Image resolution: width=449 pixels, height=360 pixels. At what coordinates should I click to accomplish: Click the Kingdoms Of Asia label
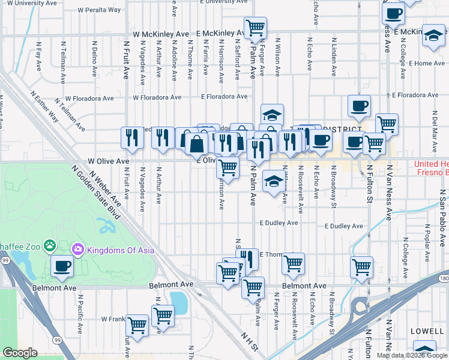pyautogui.click(x=121, y=250)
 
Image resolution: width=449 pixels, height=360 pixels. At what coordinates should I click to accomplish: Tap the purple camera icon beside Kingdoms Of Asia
pyautogui.click(x=77, y=250)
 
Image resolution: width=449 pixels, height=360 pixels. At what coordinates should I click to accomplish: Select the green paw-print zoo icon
pyautogui.click(x=50, y=245)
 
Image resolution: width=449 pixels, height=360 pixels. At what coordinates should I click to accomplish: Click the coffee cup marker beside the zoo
pyautogui.click(x=61, y=266)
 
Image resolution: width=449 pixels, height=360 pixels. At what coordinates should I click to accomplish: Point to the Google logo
pyautogui.click(x=20, y=353)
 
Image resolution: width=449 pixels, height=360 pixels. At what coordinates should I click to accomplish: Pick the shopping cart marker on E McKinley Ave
pyautogui.click(x=256, y=27)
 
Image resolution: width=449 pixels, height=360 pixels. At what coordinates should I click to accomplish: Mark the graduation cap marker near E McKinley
pyautogui.click(x=433, y=35)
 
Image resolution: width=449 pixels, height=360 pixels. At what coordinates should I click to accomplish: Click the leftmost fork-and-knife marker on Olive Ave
pyautogui.click(x=131, y=138)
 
